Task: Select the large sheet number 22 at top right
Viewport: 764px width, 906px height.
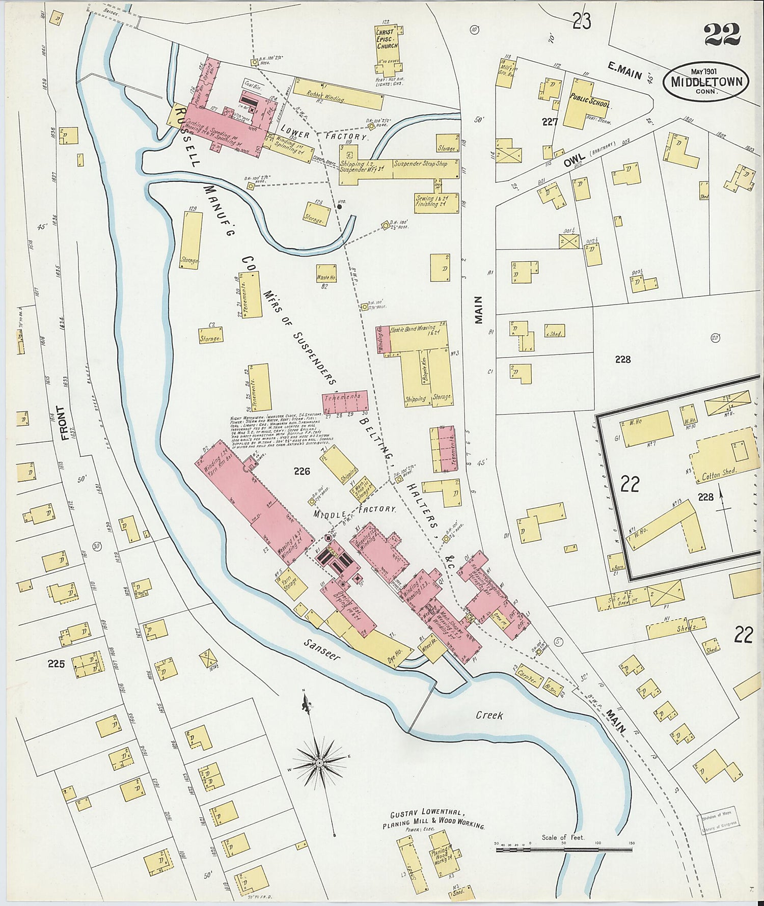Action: point(722,35)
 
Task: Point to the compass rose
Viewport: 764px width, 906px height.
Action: point(319,762)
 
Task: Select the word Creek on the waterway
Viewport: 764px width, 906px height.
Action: point(489,715)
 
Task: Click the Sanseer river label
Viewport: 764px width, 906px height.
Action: point(321,651)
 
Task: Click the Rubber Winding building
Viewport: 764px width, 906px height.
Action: point(326,97)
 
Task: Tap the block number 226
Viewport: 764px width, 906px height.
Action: point(302,472)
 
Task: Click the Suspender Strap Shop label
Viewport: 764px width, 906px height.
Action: point(420,164)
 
